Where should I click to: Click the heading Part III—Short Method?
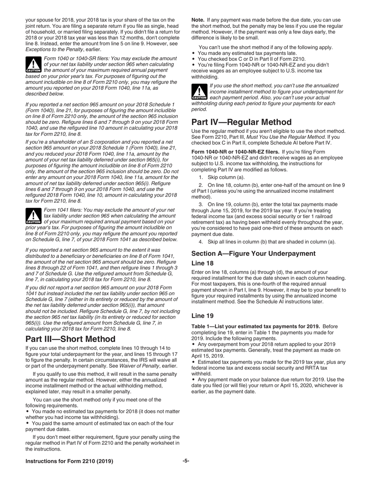coord(70,339)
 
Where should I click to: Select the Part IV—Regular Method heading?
coord(241,122)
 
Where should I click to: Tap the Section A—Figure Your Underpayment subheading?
coord(253,254)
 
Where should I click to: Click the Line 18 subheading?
coord(202,263)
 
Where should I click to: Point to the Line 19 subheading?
coord(202,315)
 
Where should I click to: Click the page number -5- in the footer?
coord(186,461)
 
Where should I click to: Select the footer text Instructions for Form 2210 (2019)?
coord(69,461)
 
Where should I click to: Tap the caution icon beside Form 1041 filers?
coord(33,216)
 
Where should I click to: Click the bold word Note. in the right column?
coord(197,20)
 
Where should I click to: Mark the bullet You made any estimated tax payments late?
coord(247,53)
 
